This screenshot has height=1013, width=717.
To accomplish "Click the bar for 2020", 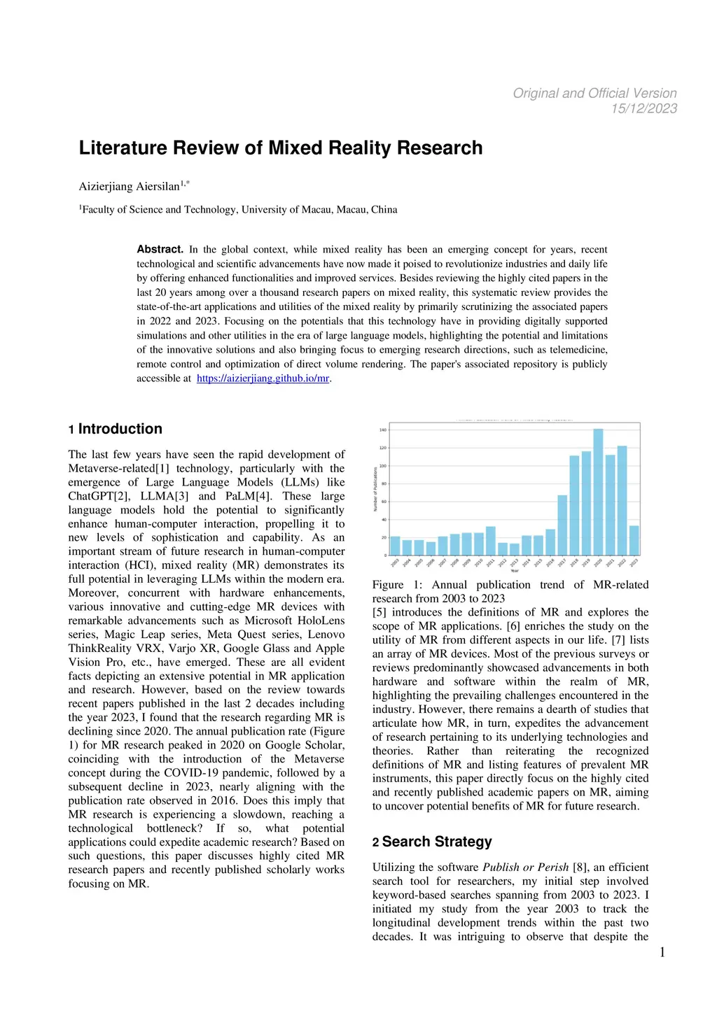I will point(598,492).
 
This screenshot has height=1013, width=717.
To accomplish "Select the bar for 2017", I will point(562,525).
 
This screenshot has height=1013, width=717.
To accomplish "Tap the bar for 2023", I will point(634,540).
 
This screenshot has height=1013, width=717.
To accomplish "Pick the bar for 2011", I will point(491,541).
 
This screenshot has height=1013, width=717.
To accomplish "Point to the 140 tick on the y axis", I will point(383,430).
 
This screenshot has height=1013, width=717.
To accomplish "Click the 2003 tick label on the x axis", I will point(394,562).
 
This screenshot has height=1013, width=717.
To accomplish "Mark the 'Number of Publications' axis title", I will point(376,489).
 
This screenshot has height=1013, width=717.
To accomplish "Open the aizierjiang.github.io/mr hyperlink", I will point(263,378).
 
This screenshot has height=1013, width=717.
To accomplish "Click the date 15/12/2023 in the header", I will point(643,108).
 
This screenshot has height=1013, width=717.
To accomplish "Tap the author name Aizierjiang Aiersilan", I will point(129,187).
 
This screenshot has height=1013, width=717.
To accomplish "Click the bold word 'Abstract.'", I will point(160,250).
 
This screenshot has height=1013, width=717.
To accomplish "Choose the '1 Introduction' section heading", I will point(116,429).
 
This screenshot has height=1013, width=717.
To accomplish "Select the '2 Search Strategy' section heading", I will point(432,842).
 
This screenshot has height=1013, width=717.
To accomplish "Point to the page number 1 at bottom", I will point(662,952).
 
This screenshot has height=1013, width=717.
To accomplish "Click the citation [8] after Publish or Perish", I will point(580,867).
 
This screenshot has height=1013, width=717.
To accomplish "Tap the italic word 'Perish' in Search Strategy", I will point(552,867).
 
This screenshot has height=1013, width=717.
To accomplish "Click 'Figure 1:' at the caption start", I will point(397,585).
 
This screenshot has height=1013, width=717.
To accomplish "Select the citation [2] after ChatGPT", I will point(123,496).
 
